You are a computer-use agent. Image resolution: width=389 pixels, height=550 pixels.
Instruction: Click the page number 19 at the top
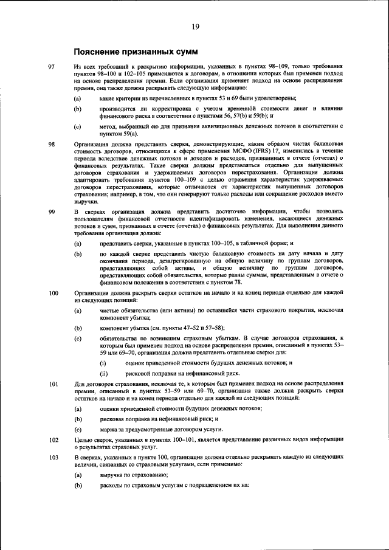(195, 26)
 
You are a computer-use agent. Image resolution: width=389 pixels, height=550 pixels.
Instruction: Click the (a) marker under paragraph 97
(77, 98)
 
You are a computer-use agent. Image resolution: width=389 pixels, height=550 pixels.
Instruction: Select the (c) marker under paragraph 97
(77, 126)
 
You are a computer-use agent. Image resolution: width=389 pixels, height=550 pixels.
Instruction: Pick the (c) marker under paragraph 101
(77, 429)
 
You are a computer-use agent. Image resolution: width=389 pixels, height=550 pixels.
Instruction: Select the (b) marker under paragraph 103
(77, 486)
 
